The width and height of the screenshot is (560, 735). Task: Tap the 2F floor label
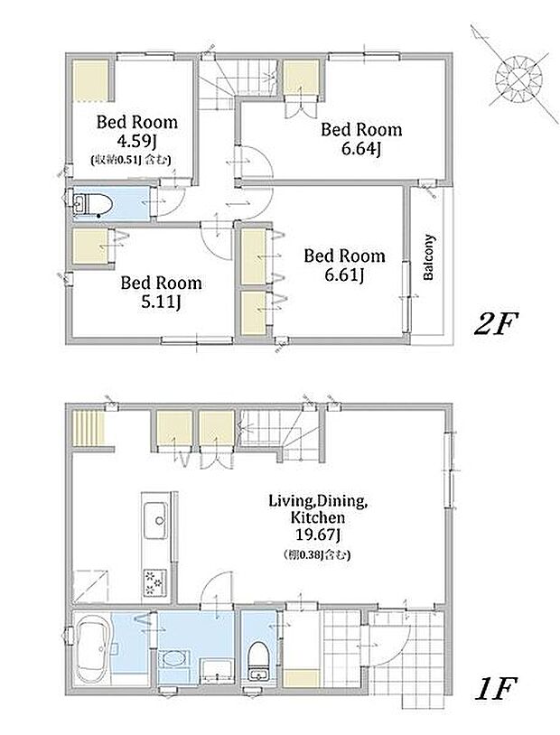click(495, 325)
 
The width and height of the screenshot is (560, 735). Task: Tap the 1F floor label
click(495, 687)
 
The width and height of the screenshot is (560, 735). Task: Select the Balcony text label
click(429, 257)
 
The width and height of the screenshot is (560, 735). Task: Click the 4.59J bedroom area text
click(137, 141)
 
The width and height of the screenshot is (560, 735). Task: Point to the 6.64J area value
click(361, 149)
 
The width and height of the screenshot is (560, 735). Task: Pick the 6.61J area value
click(344, 275)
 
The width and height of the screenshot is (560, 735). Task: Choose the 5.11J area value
click(161, 302)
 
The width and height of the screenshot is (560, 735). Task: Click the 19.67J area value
click(318, 535)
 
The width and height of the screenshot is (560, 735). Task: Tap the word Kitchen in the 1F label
click(318, 517)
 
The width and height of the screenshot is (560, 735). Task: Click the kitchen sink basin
click(155, 521)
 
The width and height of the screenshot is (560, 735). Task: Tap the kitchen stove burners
click(154, 582)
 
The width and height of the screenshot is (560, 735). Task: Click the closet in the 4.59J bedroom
click(91, 80)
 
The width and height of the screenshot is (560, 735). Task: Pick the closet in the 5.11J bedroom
click(91, 247)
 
